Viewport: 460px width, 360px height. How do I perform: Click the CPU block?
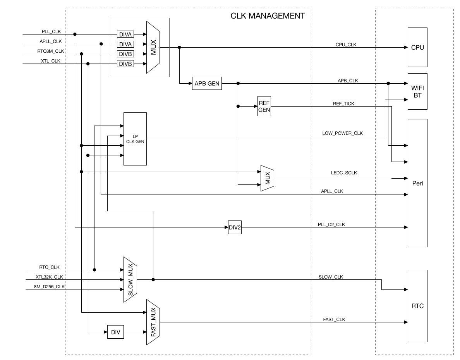coord(417,48)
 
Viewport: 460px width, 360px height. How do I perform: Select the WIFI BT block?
coord(417,91)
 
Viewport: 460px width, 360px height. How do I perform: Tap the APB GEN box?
coord(207,83)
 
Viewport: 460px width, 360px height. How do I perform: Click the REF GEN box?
coord(264,105)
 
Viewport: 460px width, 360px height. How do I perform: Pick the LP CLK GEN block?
coord(135,139)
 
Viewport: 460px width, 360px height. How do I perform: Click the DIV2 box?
coord(235,227)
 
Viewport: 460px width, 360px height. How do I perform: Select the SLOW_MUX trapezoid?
coord(130,279)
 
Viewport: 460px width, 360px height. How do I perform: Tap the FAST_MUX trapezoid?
coord(153,322)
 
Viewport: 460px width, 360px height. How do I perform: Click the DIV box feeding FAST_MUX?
coord(115,332)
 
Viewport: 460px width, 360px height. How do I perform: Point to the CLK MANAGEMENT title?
coord(268,16)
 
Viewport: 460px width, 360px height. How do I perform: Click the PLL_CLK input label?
coord(51,31)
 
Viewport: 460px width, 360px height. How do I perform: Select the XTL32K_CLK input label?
coord(49,277)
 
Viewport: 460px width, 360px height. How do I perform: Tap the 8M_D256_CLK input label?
coord(50,287)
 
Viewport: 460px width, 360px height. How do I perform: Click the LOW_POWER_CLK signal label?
coord(342,133)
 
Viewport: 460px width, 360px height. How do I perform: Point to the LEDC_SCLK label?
coord(344,173)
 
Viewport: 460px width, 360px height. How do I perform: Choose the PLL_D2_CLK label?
coord(332,224)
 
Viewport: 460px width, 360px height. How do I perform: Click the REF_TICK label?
coord(343,104)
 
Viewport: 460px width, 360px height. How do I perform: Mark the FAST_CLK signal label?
coord(334,319)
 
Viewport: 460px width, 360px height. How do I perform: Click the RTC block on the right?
coord(417,306)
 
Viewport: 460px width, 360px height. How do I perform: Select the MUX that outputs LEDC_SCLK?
coord(267,178)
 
